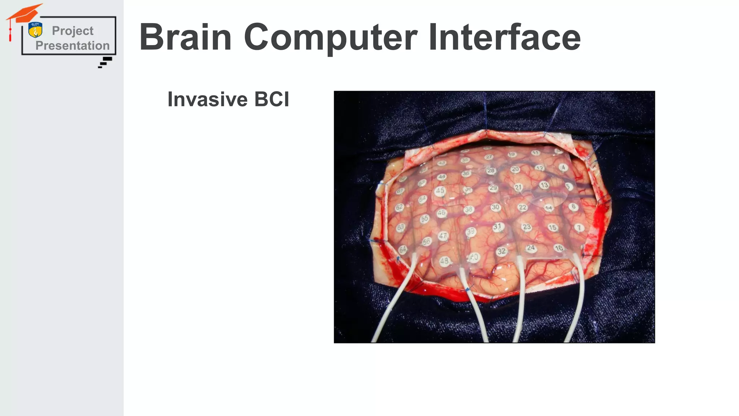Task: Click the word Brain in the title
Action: [x=185, y=37]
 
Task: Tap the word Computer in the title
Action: [x=331, y=37]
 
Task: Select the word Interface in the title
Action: [x=504, y=37]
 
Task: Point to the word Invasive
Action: [x=207, y=99]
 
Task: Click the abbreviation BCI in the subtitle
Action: [x=271, y=99]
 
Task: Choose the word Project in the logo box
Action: [x=73, y=31]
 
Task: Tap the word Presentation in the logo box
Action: [x=73, y=46]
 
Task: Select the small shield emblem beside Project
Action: [x=35, y=30]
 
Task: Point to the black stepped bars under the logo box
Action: [x=105, y=62]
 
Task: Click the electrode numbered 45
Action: [x=440, y=191]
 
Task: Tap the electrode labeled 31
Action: [x=498, y=227]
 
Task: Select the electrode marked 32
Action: [x=502, y=251]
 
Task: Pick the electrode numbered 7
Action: [x=579, y=228]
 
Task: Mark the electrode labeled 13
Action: [x=544, y=185]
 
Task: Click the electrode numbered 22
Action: [x=522, y=207]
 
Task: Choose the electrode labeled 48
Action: [x=444, y=261]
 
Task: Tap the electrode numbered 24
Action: [x=530, y=248]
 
